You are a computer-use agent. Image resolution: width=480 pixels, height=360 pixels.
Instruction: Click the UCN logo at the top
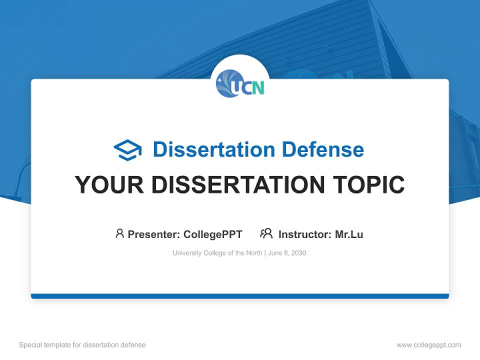240,84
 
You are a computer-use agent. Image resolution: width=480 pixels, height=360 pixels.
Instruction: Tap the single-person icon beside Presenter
119,233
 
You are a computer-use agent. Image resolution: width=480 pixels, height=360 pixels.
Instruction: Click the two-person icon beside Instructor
266,233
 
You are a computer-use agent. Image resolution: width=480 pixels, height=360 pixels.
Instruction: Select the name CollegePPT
212,234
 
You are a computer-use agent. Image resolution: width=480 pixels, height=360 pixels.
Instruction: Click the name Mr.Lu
349,234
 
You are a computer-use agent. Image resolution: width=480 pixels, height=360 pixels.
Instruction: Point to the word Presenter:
154,234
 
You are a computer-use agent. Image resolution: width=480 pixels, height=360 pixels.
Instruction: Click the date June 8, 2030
287,253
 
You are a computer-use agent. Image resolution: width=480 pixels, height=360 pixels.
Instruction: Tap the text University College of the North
217,253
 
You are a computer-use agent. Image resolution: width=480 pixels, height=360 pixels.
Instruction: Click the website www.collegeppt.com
428,345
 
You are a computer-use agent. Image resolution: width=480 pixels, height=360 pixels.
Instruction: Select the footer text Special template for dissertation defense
82,345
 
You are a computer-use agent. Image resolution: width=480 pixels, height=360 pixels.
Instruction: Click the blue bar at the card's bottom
240,296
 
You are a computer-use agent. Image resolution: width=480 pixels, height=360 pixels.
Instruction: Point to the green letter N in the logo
257,88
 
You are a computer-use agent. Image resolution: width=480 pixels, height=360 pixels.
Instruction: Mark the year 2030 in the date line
298,253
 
